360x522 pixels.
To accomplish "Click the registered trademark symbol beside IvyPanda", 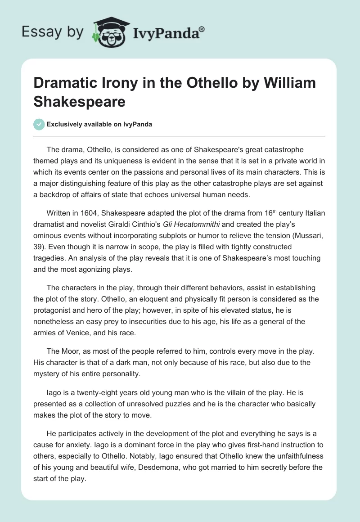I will click(202, 30).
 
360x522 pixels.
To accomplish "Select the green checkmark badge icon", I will click(40, 124).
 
